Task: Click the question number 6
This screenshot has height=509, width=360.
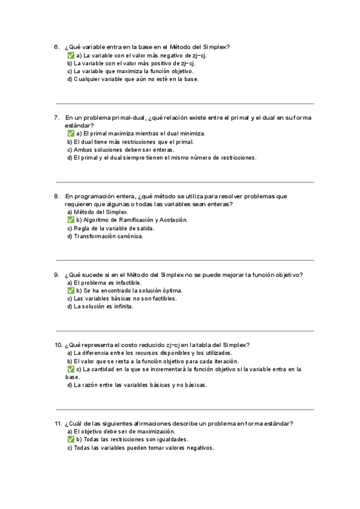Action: (x=56, y=47)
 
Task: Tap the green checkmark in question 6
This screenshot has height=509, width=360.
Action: (x=70, y=55)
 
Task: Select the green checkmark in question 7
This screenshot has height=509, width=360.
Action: (x=70, y=133)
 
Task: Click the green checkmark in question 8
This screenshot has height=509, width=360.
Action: (x=70, y=220)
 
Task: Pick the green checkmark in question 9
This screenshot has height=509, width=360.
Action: (x=70, y=291)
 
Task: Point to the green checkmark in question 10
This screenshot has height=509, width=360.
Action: (x=70, y=369)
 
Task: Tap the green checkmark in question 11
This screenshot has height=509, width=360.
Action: (x=70, y=439)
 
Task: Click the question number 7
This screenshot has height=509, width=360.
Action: (x=56, y=118)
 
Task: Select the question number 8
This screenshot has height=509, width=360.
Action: (x=56, y=196)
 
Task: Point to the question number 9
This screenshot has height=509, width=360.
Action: (x=56, y=275)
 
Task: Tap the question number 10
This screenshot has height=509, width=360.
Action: (x=58, y=345)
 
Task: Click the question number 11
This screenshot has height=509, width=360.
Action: (x=58, y=424)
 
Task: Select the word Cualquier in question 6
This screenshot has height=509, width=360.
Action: (x=86, y=79)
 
